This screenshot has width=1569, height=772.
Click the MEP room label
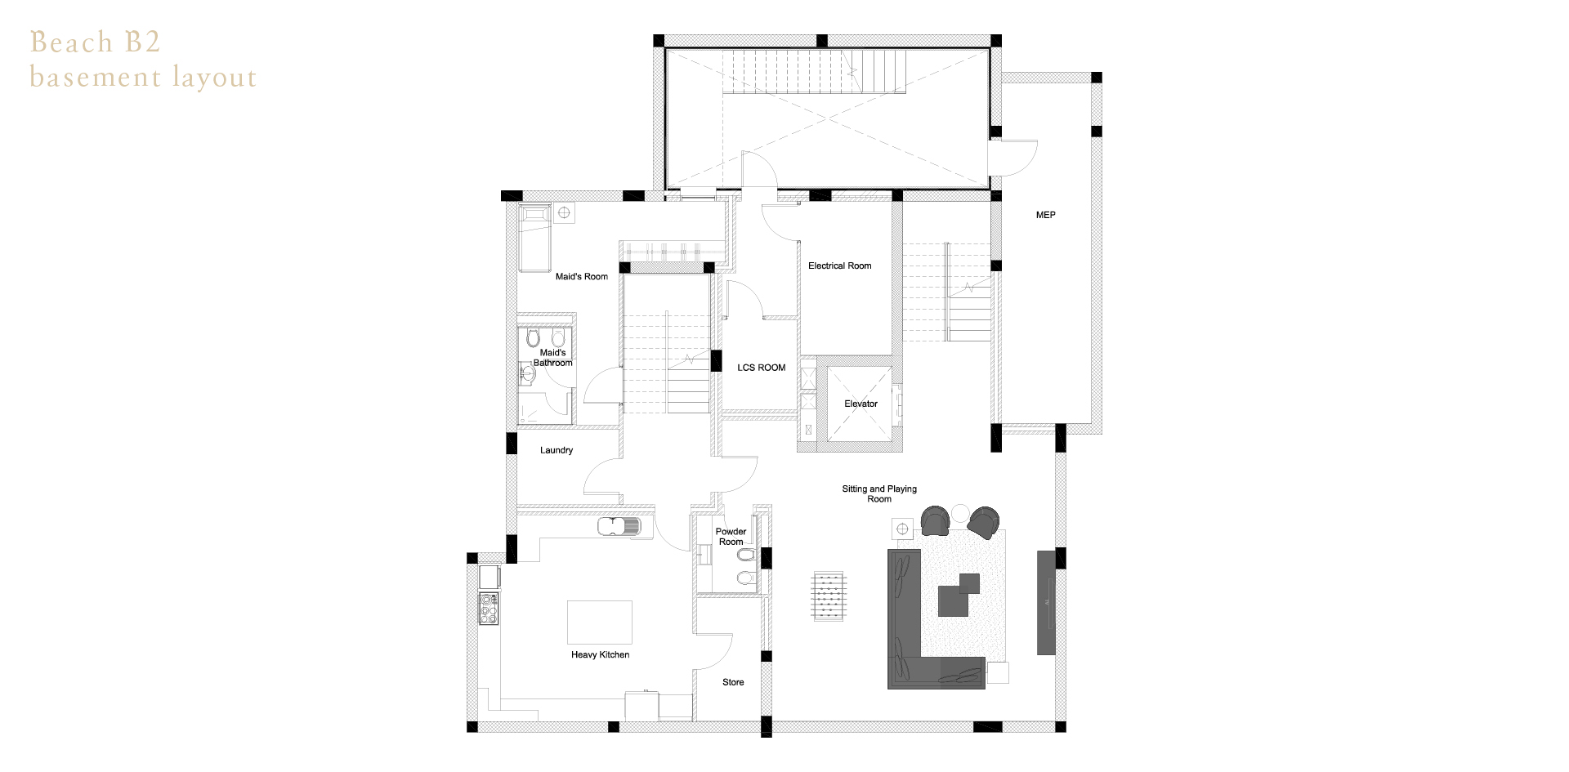tap(1045, 215)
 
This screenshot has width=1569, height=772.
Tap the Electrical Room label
tap(839, 266)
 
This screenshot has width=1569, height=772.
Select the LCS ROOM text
tap(761, 368)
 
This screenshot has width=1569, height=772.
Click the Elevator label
tap(860, 404)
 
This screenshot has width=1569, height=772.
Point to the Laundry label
tap(557, 450)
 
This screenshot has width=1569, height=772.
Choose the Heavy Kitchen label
tap(600, 654)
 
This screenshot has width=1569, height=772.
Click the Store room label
tap(733, 682)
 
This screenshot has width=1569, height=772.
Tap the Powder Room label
tap(731, 537)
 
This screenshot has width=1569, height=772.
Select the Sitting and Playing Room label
tap(879, 494)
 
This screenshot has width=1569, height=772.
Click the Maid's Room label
tap(582, 277)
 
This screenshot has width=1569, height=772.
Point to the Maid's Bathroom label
tap(552, 358)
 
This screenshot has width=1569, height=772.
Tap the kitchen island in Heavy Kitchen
tap(600, 623)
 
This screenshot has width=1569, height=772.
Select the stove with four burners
tap(488, 609)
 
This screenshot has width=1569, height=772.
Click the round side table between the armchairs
tap(959, 513)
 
